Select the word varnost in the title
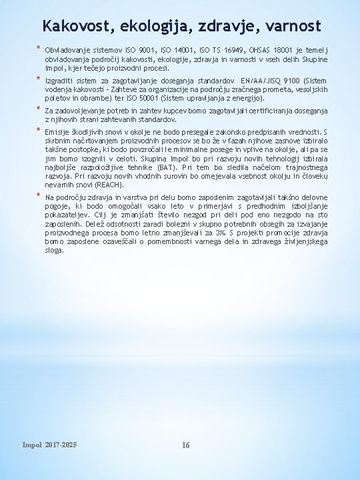coord(291,26)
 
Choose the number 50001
coord(135,97)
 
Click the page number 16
coord(186,445)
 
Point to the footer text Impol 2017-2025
coord(49,445)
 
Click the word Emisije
coord(57,132)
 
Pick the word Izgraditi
coord(59,80)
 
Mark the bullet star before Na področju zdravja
coord(39,197)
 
